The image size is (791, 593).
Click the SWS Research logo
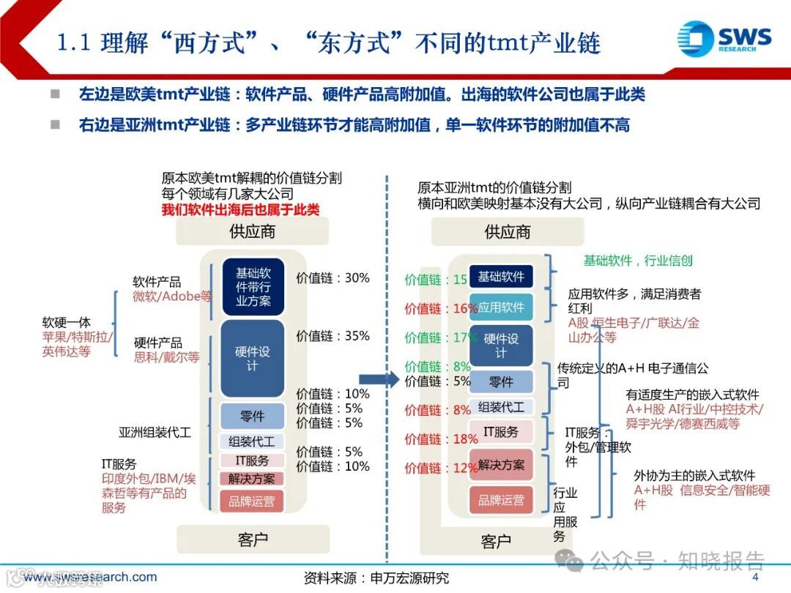tap(723, 38)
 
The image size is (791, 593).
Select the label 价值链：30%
tap(333, 278)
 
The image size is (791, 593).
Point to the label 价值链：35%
tap(333, 336)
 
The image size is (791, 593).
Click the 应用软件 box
tap(501, 308)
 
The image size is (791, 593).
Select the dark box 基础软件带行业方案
tap(253, 286)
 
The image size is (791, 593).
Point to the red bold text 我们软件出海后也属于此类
tap(240, 210)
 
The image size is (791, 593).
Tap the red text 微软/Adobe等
tap(171, 296)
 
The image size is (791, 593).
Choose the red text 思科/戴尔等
tap(166, 357)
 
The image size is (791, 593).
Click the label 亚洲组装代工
tap(155, 432)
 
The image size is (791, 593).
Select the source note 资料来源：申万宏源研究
tap(376, 578)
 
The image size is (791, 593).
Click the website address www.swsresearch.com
tap(89, 577)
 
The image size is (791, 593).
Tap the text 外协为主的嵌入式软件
tap(694, 476)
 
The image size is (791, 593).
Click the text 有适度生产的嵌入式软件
tap(692, 395)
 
